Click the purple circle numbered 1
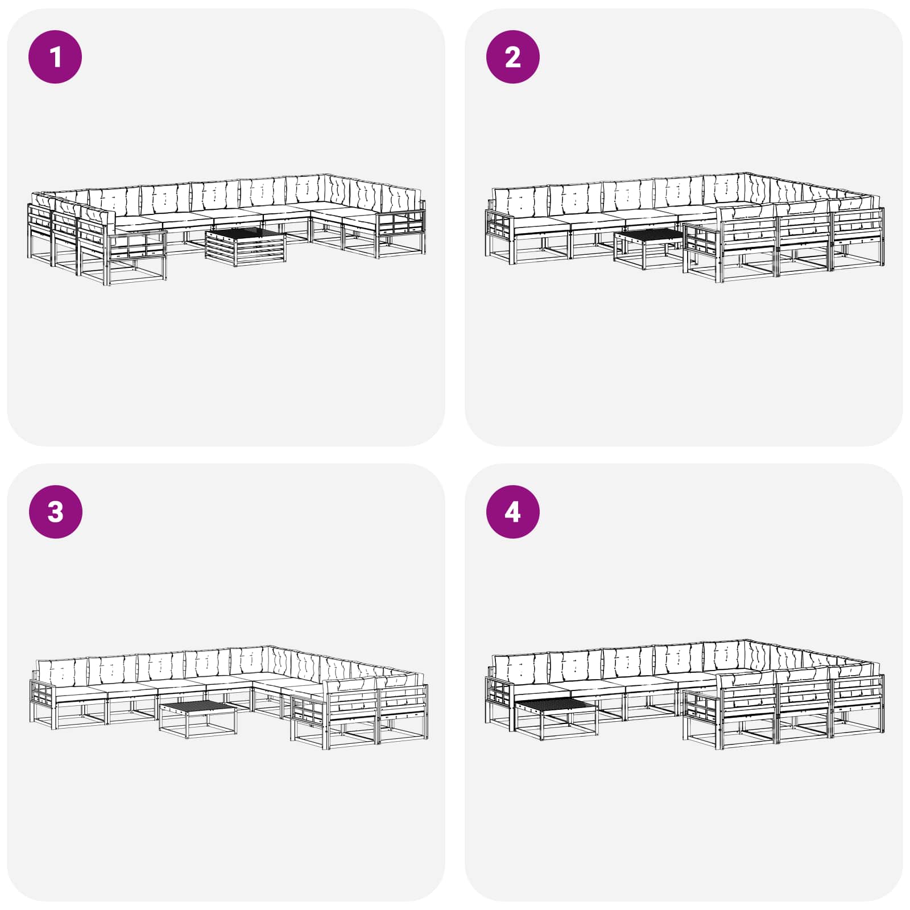tap(55, 57)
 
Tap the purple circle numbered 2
tap(513, 57)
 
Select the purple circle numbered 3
tap(55, 511)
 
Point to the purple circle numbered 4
tap(513, 511)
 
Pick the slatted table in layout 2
tap(648, 249)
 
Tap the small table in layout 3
tap(198, 720)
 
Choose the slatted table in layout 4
tap(556, 718)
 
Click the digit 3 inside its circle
tap(55, 511)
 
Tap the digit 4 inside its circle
tap(512, 512)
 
